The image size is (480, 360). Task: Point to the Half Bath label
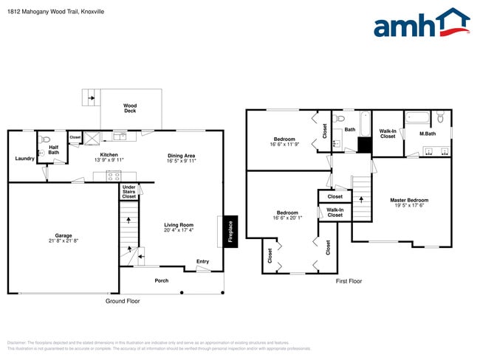[x=54, y=150]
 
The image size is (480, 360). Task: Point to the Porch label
[x=161, y=280]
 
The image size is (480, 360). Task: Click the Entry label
[x=202, y=261]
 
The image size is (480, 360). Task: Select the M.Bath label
[x=427, y=134]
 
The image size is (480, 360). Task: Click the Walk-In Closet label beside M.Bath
[x=388, y=134]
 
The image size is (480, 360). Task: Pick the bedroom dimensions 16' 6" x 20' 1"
[x=287, y=218]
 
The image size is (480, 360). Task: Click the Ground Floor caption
[x=123, y=301]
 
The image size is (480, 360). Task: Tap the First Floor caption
[x=352, y=282]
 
